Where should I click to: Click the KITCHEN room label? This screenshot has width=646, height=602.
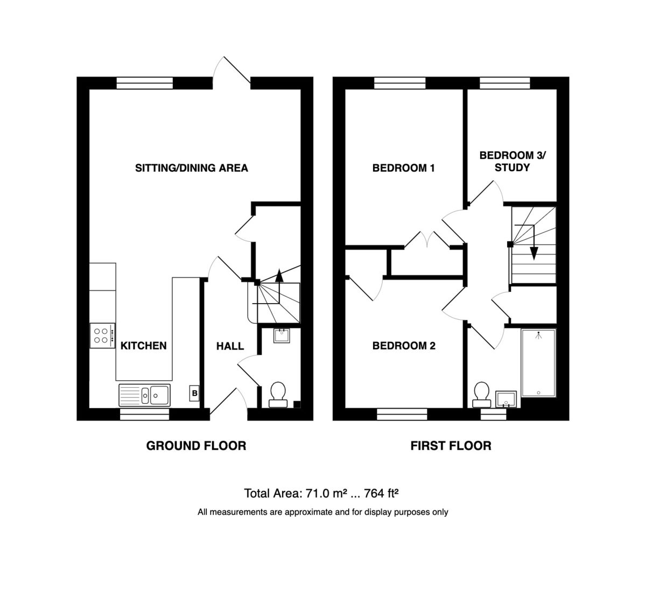[143, 346]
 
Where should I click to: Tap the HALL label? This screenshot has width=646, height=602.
[230, 346]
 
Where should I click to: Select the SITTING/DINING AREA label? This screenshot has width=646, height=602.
[192, 168]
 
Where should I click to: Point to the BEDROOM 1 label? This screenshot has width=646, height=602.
[403, 168]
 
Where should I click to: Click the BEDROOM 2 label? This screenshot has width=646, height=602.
[404, 346]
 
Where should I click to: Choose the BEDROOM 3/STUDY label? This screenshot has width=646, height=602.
[512, 162]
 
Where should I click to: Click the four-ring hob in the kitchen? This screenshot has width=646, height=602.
[102, 335]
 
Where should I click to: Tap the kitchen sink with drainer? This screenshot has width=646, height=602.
[144, 395]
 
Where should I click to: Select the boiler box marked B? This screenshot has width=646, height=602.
[194, 393]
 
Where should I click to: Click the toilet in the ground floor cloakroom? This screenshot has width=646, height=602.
[278, 394]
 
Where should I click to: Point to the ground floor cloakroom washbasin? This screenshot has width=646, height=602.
[282, 335]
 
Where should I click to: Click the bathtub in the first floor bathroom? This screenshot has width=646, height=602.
[538, 363]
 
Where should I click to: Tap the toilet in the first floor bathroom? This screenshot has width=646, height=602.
[482, 394]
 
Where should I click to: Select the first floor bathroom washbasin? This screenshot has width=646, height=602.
[506, 400]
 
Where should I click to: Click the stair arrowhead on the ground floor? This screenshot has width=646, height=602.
[279, 275]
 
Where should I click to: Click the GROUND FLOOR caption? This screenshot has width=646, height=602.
[196, 446]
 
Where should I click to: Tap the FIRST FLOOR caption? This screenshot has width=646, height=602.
[451, 446]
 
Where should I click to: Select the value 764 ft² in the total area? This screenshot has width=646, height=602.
[381, 494]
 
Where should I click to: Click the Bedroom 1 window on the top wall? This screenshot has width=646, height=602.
[400, 83]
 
